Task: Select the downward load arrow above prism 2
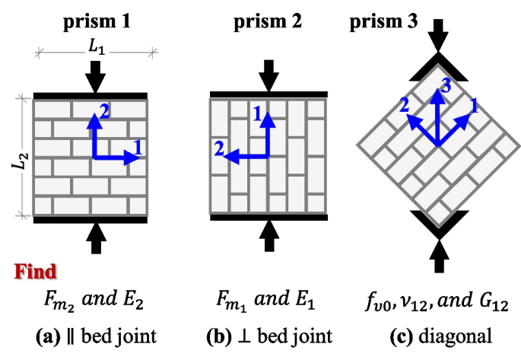[x=268, y=76]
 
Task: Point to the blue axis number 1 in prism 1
[x=138, y=145]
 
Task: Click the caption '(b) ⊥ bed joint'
[x=268, y=334]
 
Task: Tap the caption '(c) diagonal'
[x=436, y=334]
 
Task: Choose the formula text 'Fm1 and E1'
[x=268, y=303]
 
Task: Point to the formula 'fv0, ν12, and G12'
[x=436, y=303]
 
